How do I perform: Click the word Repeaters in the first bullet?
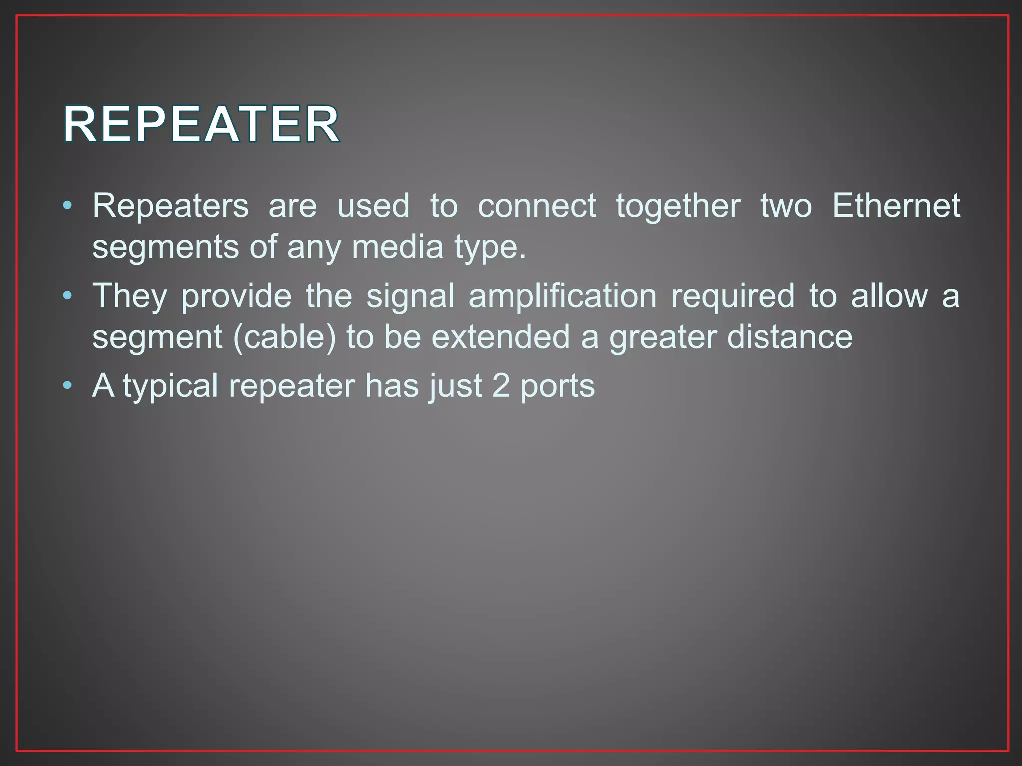(x=170, y=206)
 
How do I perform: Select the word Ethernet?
(x=896, y=206)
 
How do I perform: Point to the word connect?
(x=536, y=206)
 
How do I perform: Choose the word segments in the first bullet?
(x=165, y=248)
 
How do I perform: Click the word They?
(x=130, y=297)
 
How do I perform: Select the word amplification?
(x=562, y=297)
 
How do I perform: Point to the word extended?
(x=501, y=337)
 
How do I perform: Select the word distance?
(x=789, y=337)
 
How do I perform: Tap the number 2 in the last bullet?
(x=501, y=385)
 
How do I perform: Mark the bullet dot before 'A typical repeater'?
(x=68, y=385)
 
